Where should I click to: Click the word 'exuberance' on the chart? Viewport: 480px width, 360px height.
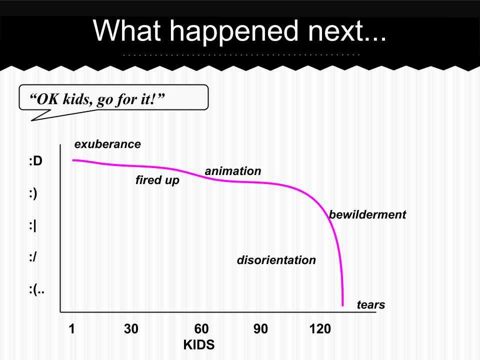click(x=107, y=144)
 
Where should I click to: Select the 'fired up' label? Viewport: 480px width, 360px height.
click(x=157, y=180)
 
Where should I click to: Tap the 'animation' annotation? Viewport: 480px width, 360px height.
click(x=233, y=171)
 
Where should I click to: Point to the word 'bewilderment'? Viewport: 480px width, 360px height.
click(x=367, y=214)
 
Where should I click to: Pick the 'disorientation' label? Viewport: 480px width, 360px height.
click(x=276, y=260)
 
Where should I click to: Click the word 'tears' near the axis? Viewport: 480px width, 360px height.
click(x=371, y=304)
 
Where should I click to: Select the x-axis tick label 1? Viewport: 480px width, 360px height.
click(x=71, y=329)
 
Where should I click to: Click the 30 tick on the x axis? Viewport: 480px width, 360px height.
click(x=131, y=329)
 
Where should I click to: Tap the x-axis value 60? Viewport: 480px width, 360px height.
click(x=201, y=329)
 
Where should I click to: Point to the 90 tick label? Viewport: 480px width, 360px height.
click(x=260, y=329)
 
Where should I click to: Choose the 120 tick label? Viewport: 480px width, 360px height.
click(x=320, y=329)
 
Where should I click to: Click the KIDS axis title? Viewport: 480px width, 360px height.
click(x=199, y=344)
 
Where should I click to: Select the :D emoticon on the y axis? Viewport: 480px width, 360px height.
click(x=35, y=160)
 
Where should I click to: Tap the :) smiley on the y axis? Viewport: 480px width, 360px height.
click(x=33, y=194)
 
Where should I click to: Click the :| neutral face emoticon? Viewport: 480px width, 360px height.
click(x=32, y=226)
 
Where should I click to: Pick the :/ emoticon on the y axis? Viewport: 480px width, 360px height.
click(x=33, y=257)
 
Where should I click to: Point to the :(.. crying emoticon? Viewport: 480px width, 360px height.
click(x=36, y=289)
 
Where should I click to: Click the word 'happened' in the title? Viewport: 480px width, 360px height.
click(x=234, y=31)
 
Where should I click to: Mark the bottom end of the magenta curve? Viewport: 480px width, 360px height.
click(x=342, y=305)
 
